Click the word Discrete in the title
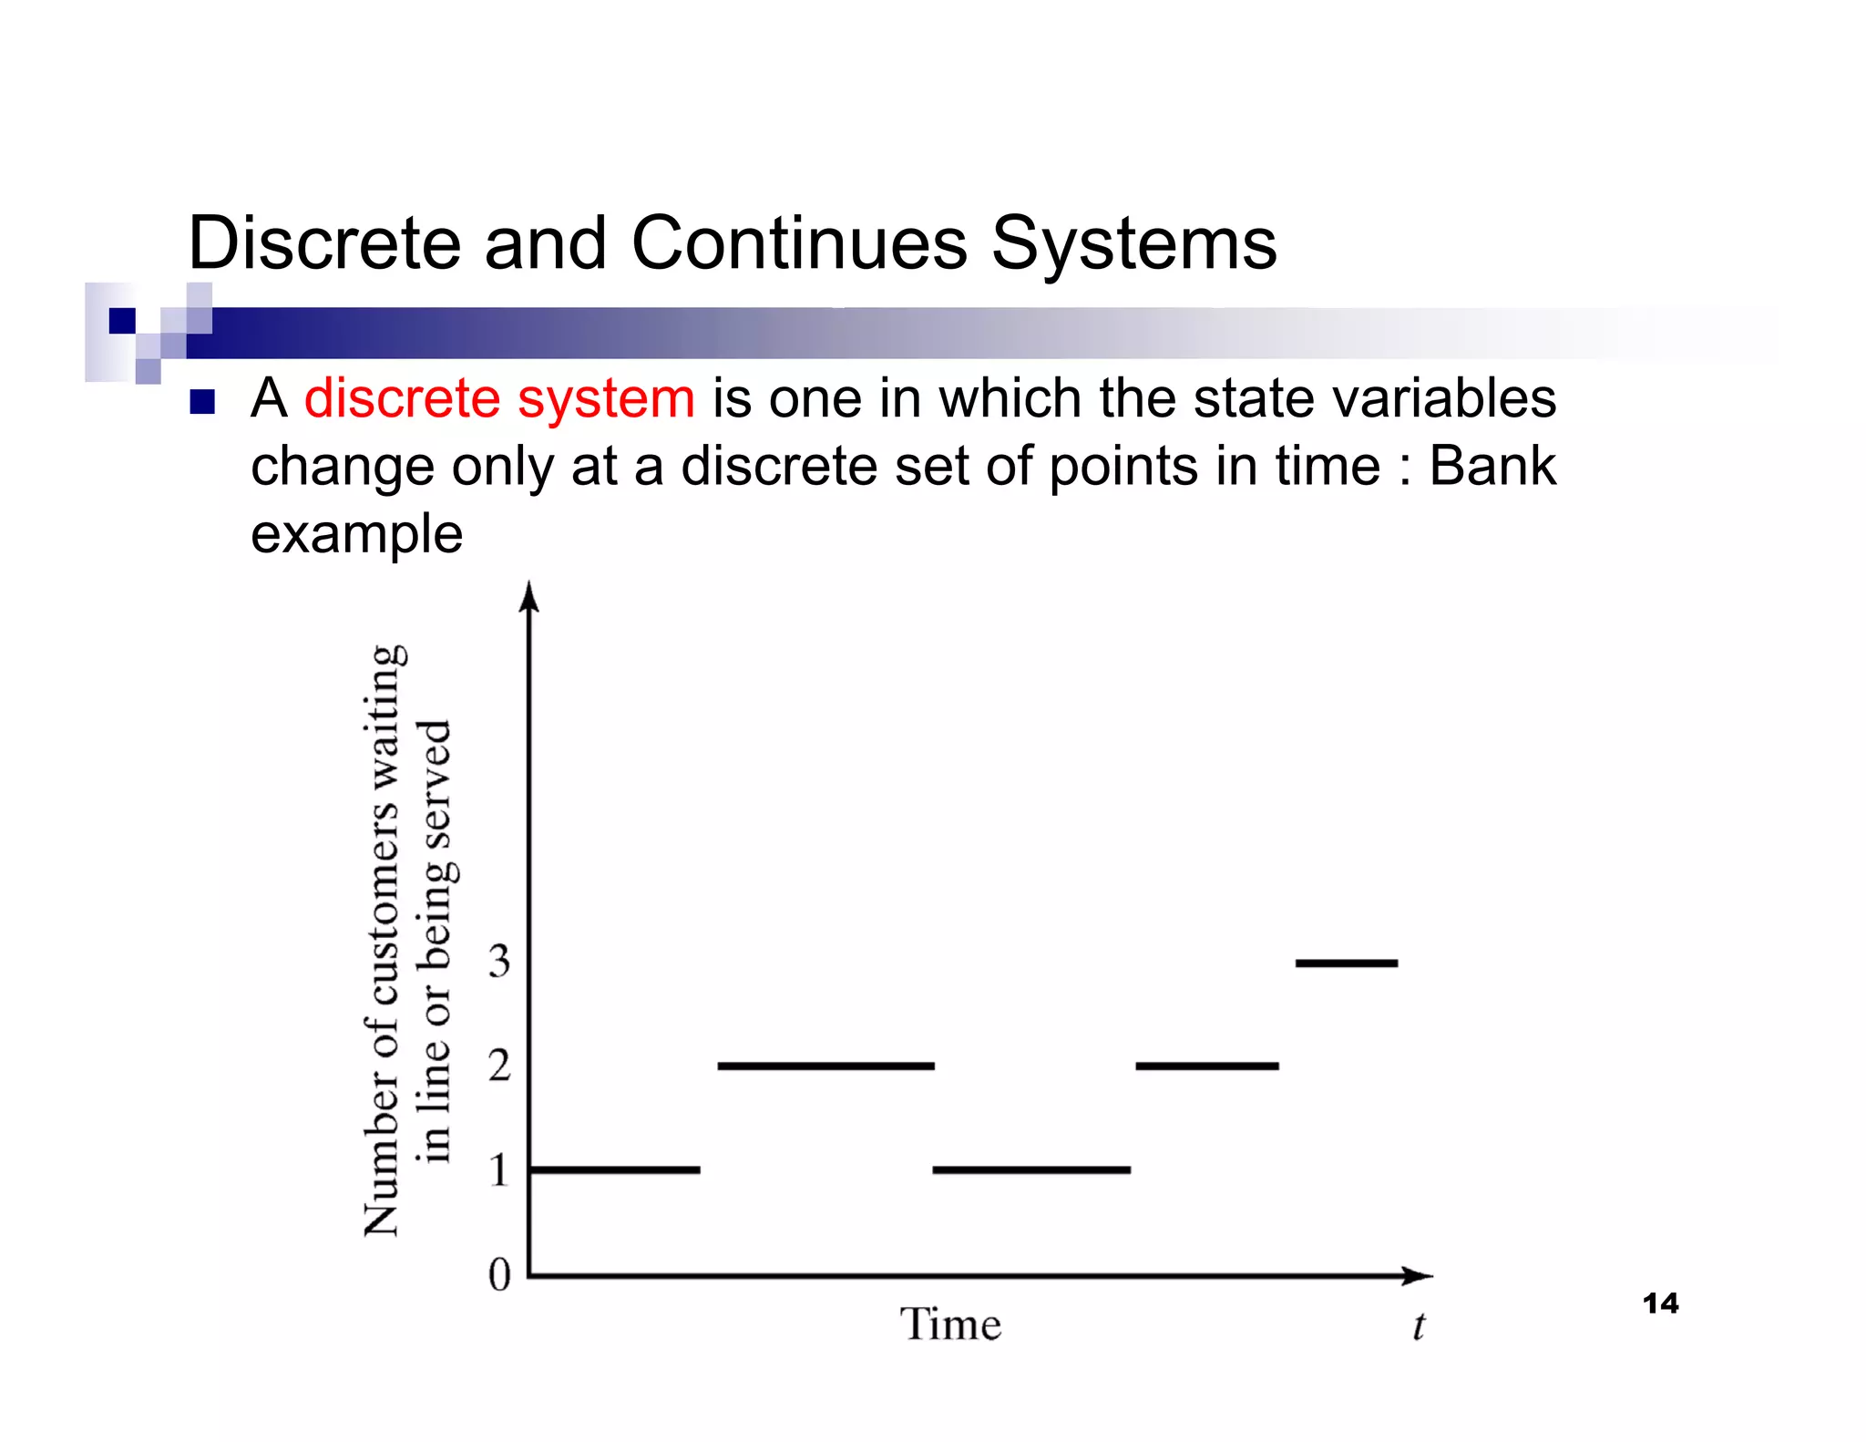[x=323, y=243]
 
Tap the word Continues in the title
[x=798, y=243]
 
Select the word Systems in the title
[x=1133, y=243]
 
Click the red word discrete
[x=402, y=399]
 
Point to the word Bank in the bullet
[x=1492, y=466]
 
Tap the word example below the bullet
[x=356, y=533]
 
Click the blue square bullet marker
[x=202, y=402]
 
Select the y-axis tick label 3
[x=499, y=962]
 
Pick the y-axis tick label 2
[x=499, y=1066]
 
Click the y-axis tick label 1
[x=499, y=1170]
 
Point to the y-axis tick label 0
[x=499, y=1274]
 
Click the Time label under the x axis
[x=950, y=1324]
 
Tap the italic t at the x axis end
[x=1418, y=1326]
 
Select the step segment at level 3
[x=1346, y=963]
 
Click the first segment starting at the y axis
[x=615, y=1169]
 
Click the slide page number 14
[x=1660, y=1303]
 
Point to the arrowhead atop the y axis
[x=529, y=597]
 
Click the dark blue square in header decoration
[x=122, y=321]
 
